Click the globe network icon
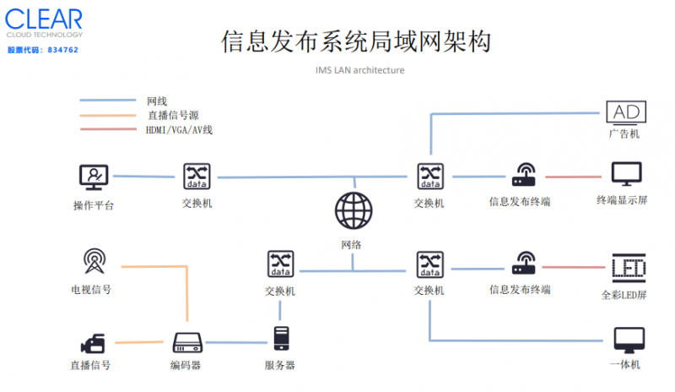(352, 210)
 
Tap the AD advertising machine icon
(625, 112)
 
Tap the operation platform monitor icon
(93, 177)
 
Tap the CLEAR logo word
(43, 19)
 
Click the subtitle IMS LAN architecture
(354, 70)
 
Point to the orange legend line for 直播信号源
(108, 115)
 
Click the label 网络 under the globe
(352, 244)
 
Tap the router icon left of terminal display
(521, 176)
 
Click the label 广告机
(625, 134)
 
